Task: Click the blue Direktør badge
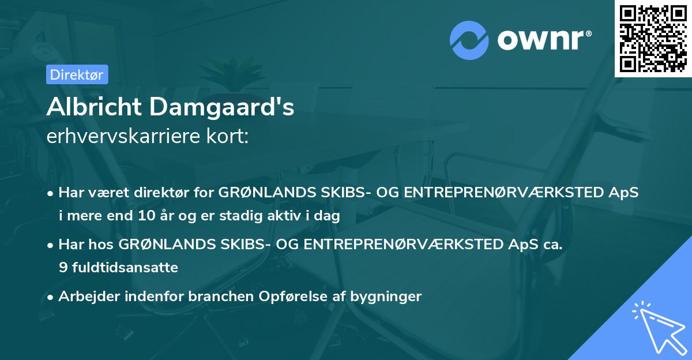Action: click(x=76, y=74)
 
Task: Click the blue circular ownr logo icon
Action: click(x=469, y=40)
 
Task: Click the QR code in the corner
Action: click(x=653, y=38)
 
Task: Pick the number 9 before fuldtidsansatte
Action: click(x=62, y=268)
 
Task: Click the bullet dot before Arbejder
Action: click(x=51, y=298)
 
